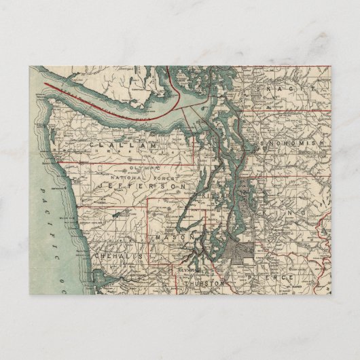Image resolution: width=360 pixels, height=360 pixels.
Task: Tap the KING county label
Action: [299, 213]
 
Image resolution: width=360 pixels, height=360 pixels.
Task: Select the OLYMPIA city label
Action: [187, 270]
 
